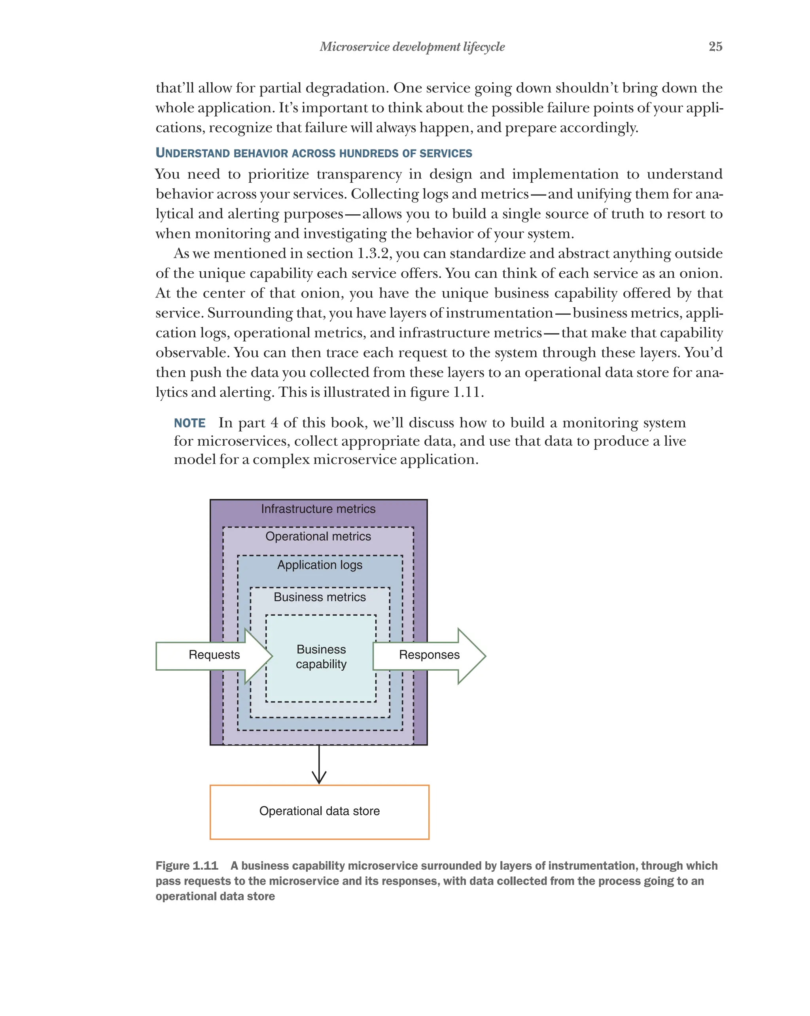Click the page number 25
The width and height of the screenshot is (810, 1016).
pos(715,47)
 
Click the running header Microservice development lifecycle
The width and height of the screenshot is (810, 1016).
pos(412,47)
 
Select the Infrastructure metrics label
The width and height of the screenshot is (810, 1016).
pos(318,509)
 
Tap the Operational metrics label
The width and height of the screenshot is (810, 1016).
pos(318,536)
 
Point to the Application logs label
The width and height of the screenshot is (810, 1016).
pos(320,565)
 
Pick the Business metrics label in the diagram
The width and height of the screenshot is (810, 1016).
pos(320,597)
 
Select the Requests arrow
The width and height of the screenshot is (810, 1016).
pos(214,655)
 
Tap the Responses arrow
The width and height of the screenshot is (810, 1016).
pos(429,655)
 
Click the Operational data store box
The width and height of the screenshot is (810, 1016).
pos(319,811)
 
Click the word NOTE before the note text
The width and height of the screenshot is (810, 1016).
pos(189,423)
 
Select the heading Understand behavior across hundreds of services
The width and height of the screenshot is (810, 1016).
pos(313,153)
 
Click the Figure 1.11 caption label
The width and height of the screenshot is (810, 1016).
pos(187,866)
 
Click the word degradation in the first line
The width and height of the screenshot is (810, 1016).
pos(346,88)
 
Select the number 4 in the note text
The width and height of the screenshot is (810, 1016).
pos(274,423)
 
